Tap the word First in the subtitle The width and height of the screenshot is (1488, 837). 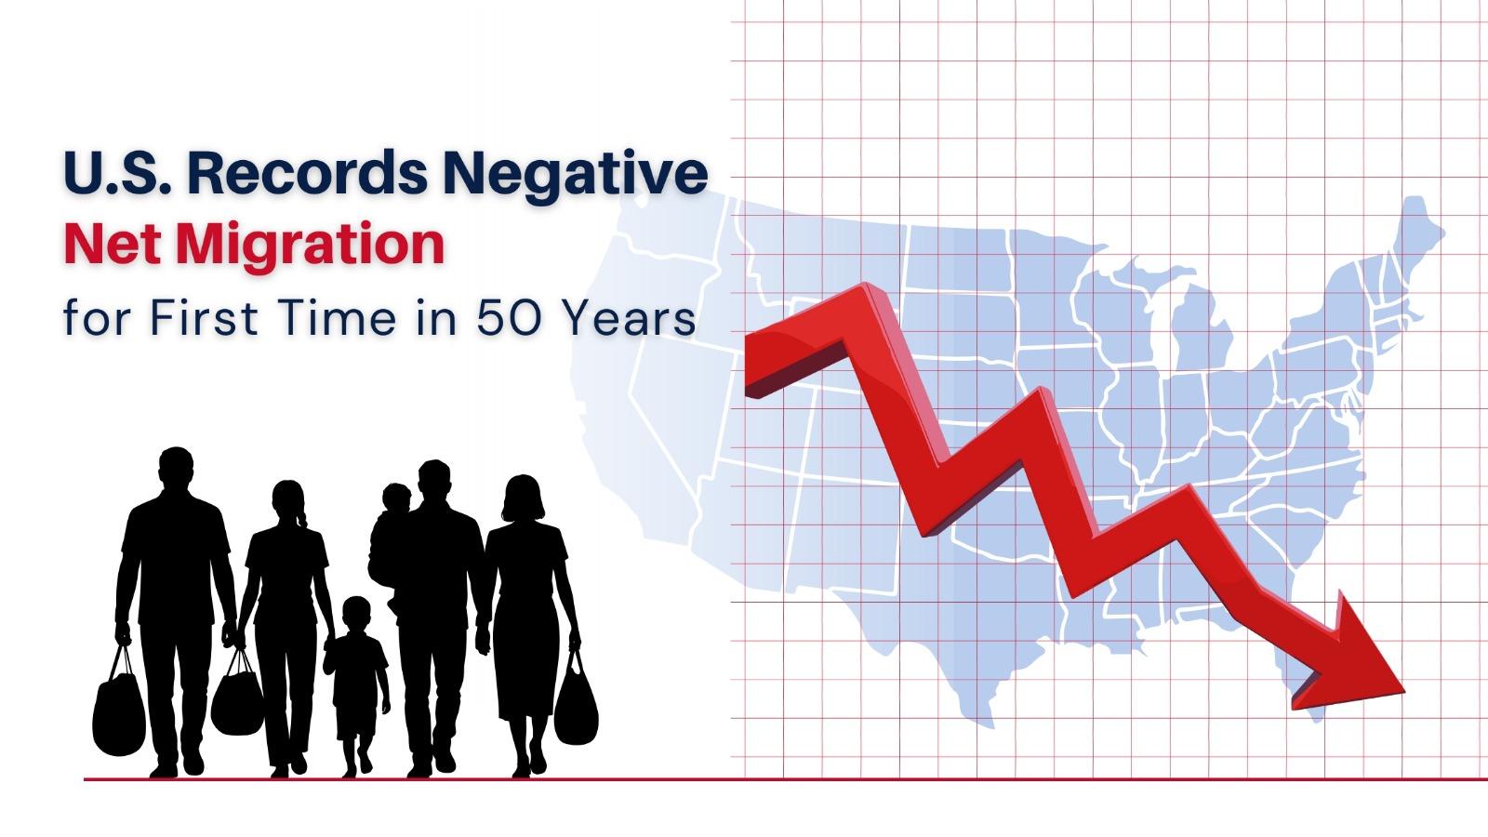197,318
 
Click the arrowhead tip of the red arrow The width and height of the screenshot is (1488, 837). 1402,689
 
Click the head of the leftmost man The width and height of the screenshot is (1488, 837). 175,468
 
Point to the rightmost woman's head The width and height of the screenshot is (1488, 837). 523,498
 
